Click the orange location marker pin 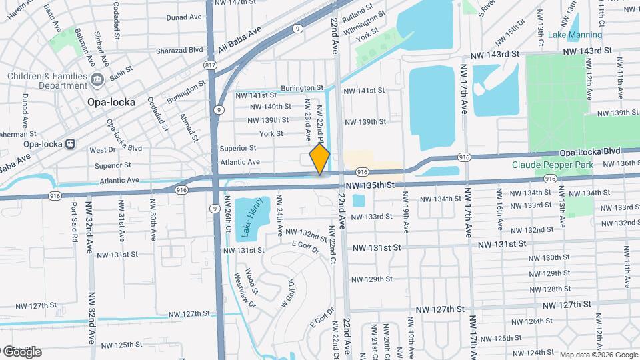pyautogui.click(x=320, y=159)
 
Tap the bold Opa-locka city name pyautogui.click(x=111, y=102)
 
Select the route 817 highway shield pyautogui.click(x=211, y=65)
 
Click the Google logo pyautogui.click(x=21, y=351)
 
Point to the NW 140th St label pyautogui.click(x=270, y=107)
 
